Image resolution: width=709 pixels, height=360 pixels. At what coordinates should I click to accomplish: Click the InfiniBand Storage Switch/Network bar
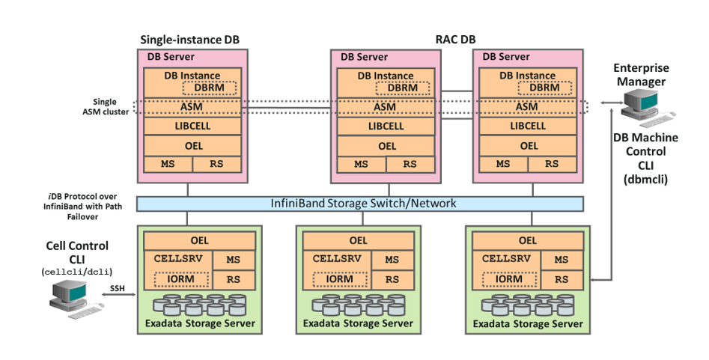point(360,204)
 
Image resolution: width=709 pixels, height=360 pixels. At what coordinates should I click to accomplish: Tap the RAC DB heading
point(455,39)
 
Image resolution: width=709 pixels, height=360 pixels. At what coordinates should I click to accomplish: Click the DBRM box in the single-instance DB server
point(209,88)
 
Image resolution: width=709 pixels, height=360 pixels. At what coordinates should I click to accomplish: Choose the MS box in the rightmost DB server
point(503,164)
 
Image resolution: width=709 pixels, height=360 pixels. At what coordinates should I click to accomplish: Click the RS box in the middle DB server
point(410,164)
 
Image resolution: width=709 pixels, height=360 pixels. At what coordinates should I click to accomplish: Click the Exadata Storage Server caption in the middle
point(358,324)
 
